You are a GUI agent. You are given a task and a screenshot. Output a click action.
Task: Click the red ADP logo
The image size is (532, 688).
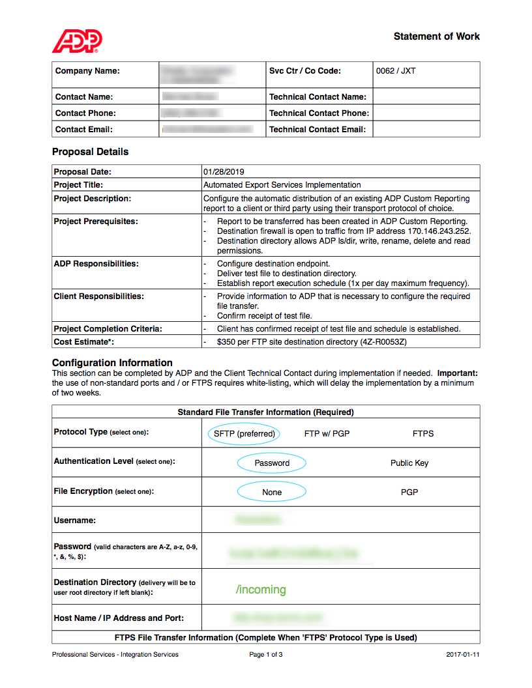(x=77, y=41)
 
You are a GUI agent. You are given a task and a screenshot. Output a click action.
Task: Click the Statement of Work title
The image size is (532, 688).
(x=436, y=36)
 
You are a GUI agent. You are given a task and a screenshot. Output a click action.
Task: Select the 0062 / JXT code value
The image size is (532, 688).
(x=395, y=71)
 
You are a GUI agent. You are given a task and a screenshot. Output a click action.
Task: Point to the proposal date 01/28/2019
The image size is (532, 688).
(x=224, y=172)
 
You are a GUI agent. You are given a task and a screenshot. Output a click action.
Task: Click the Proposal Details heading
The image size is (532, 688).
(x=90, y=152)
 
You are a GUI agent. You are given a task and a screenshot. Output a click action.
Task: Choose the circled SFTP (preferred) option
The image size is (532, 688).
(x=244, y=433)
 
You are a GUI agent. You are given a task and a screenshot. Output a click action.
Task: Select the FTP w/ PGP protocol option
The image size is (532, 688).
(x=327, y=433)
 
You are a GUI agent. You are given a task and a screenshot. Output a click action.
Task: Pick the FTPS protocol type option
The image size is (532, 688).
(x=422, y=433)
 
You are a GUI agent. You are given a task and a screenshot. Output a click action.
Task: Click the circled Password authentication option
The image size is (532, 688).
(x=272, y=463)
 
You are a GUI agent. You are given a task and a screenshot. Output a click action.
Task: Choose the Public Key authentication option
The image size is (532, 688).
(x=409, y=463)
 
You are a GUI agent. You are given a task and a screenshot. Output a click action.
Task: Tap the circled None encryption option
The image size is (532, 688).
(x=272, y=492)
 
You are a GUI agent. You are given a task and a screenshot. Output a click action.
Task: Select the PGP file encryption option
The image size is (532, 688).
(x=409, y=492)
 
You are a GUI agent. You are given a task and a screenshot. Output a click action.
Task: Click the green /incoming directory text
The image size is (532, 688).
(x=261, y=590)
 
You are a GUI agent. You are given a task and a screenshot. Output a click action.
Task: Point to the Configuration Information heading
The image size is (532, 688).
(x=112, y=363)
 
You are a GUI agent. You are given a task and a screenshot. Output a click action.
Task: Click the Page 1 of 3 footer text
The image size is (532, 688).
(x=266, y=655)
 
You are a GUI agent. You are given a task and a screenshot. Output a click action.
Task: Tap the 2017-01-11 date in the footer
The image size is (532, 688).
(x=463, y=655)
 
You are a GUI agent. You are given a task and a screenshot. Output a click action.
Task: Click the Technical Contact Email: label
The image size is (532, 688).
(x=317, y=130)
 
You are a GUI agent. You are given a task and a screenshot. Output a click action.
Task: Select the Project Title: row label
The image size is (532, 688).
(x=78, y=185)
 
